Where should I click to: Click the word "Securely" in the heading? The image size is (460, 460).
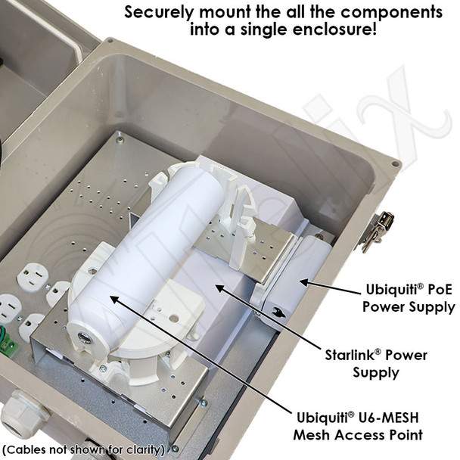point(159,12)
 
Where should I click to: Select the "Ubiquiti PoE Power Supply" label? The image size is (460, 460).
point(409,299)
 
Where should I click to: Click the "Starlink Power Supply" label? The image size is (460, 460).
point(376,364)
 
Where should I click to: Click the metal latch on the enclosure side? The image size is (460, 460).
point(375,232)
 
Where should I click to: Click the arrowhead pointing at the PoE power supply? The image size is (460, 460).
point(304,282)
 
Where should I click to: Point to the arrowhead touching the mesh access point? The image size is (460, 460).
point(114,300)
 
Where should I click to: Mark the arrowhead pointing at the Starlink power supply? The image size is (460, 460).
point(221,289)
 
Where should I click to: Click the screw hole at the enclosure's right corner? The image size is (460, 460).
point(396,163)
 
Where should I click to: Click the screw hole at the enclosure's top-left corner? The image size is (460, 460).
point(110,41)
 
